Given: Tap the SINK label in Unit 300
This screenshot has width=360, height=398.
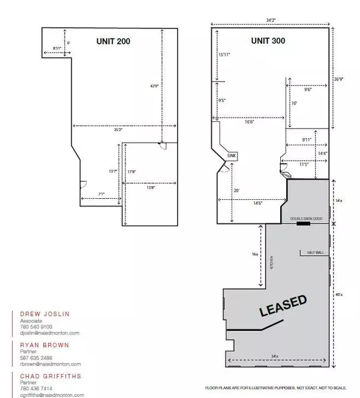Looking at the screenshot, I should pos(232,156).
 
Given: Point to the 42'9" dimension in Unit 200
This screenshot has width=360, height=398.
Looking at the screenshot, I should pos(155,86).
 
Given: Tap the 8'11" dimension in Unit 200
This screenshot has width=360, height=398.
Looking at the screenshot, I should pos(58,47).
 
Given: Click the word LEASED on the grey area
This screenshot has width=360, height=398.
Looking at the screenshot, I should pos(283,306).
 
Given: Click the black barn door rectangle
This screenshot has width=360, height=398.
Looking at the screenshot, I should pos(303,224).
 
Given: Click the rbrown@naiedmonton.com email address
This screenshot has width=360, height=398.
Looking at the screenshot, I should pos(50,364).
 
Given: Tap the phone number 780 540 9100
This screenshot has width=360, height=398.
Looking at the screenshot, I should pos(34,327).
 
